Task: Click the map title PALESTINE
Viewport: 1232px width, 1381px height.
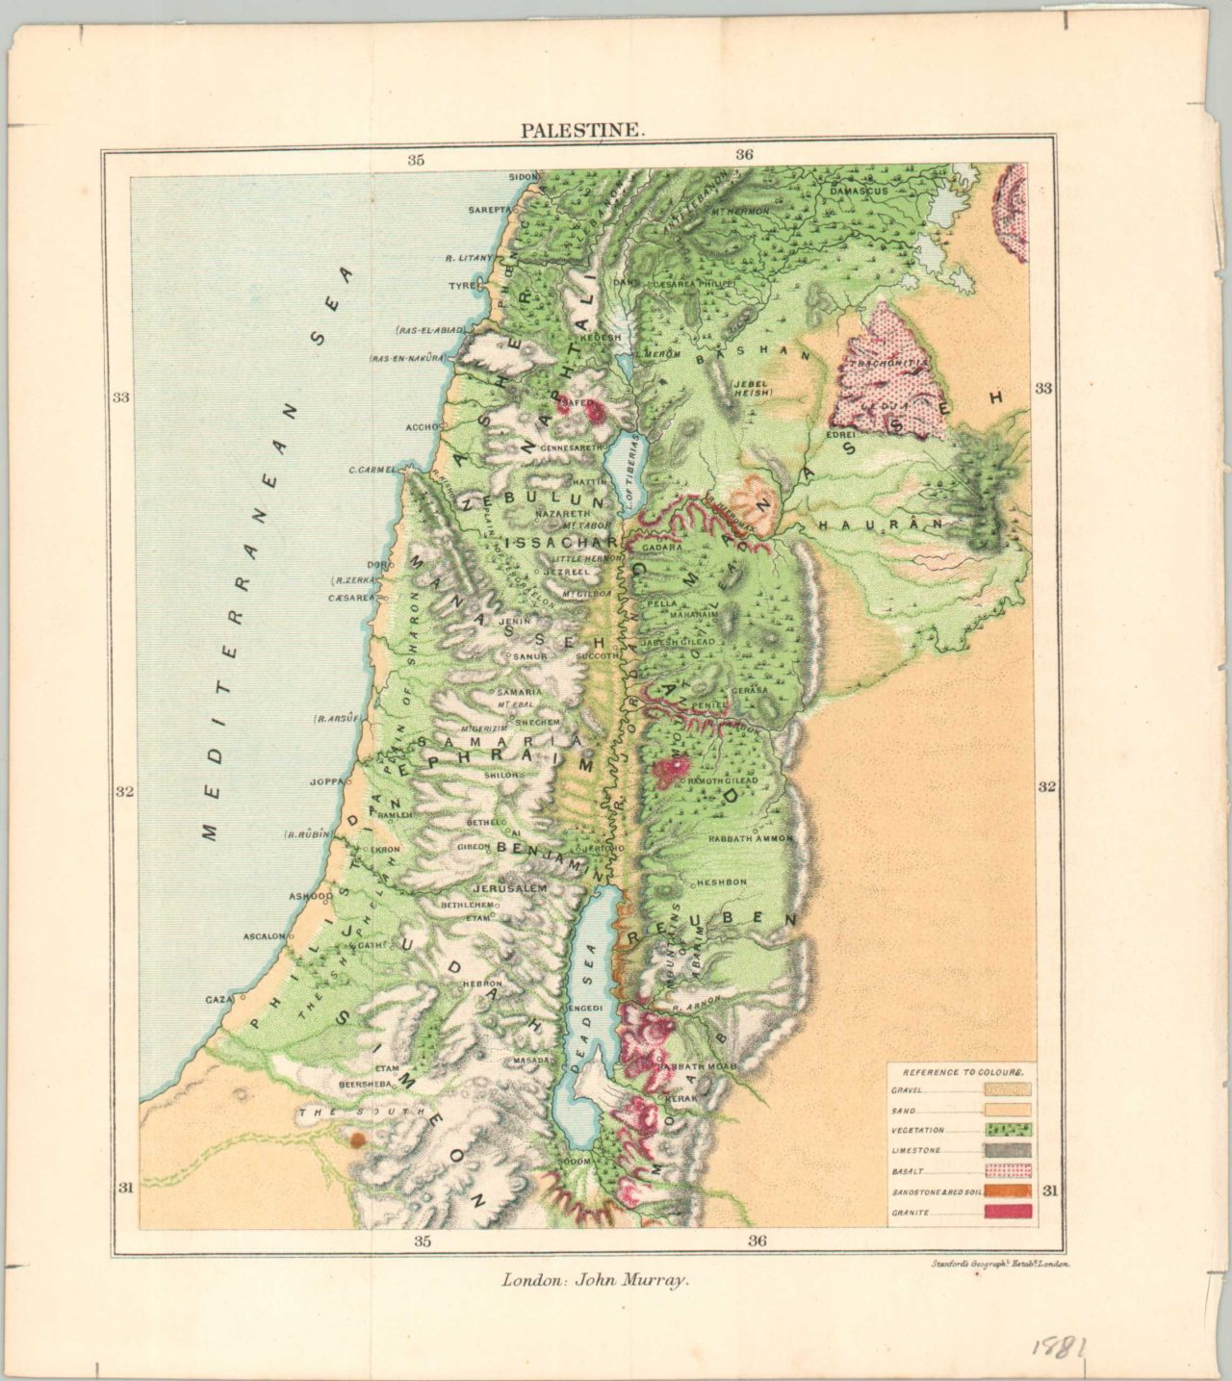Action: [x=583, y=131]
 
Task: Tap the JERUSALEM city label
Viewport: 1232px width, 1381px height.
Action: [x=509, y=887]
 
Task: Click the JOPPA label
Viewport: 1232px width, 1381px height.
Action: [x=326, y=781]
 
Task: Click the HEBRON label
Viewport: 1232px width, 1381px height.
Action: [x=481, y=985]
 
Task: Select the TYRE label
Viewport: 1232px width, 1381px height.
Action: [x=463, y=286]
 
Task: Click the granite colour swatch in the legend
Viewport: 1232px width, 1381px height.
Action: [x=1008, y=1212]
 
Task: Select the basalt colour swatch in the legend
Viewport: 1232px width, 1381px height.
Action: [x=1008, y=1171]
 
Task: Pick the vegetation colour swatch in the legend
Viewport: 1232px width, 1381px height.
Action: [x=1008, y=1130]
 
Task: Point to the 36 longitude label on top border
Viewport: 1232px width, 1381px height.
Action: [x=744, y=154]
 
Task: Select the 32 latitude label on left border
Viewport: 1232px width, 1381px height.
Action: [x=123, y=792]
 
